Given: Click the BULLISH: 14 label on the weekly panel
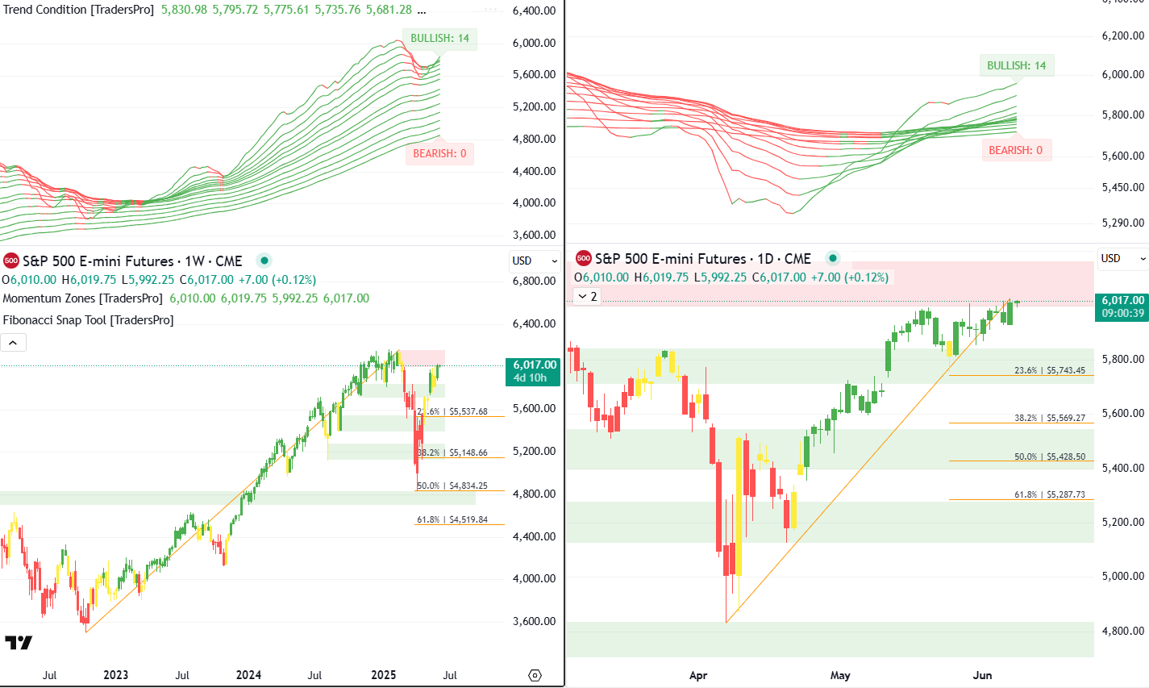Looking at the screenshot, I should click(439, 39).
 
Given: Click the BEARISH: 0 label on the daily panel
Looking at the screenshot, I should click(1015, 150).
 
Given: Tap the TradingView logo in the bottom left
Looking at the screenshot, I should click(19, 643).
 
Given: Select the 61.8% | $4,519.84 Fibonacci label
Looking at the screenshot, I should click(452, 520).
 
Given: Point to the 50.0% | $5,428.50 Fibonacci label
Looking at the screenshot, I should click(1049, 457).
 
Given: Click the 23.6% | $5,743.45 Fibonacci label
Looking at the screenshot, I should click(1049, 371).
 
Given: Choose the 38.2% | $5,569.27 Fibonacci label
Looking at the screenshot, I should click(1049, 419).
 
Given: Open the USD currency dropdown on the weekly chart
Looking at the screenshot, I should click(534, 261).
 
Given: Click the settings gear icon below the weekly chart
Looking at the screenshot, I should click(535, 675).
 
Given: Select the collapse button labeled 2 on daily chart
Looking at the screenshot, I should click(589, 297).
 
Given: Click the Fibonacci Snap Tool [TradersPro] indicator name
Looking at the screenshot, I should click(88, 320).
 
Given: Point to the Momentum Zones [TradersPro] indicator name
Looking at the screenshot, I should click(82, 298).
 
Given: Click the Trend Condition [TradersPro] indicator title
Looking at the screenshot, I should click(79, 10).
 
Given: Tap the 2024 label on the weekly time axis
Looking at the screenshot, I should click(248, 675).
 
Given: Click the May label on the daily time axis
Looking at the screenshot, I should click(840, 675).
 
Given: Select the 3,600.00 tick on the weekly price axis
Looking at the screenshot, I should click(535, 621).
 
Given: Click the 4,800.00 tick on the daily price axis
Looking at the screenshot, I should click(1122, 631).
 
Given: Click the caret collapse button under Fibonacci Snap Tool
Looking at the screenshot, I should click(14, 343).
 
